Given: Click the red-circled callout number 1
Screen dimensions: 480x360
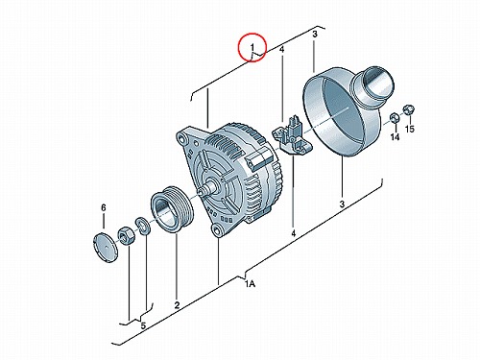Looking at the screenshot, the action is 252,47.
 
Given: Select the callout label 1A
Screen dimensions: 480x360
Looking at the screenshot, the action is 251,284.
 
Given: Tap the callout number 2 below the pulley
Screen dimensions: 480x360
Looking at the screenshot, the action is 177,305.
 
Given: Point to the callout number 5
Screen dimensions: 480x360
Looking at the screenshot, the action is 143,325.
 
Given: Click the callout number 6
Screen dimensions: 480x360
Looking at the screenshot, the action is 104,208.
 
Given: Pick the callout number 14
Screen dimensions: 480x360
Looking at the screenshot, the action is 396,137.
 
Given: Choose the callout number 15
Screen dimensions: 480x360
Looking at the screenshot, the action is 410,129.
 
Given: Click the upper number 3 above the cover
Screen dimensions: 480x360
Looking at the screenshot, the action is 315,35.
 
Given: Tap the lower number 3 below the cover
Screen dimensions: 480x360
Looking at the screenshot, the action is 342,204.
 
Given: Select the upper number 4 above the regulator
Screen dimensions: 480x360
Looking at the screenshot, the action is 281,50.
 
